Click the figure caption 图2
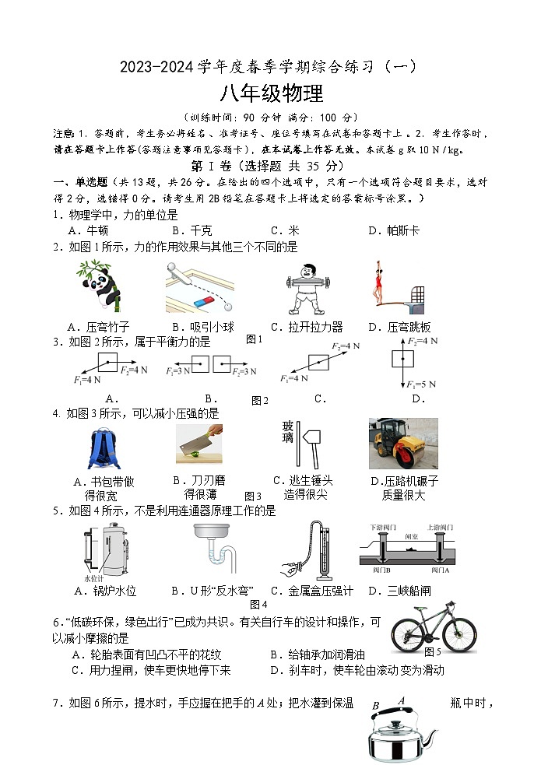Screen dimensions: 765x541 (x=260, y=401)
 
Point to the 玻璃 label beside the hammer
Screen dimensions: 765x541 (x=288, y=433)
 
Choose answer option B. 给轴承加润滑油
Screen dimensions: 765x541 (x=318, y=654)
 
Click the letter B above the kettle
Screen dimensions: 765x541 (x=376, y=706)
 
